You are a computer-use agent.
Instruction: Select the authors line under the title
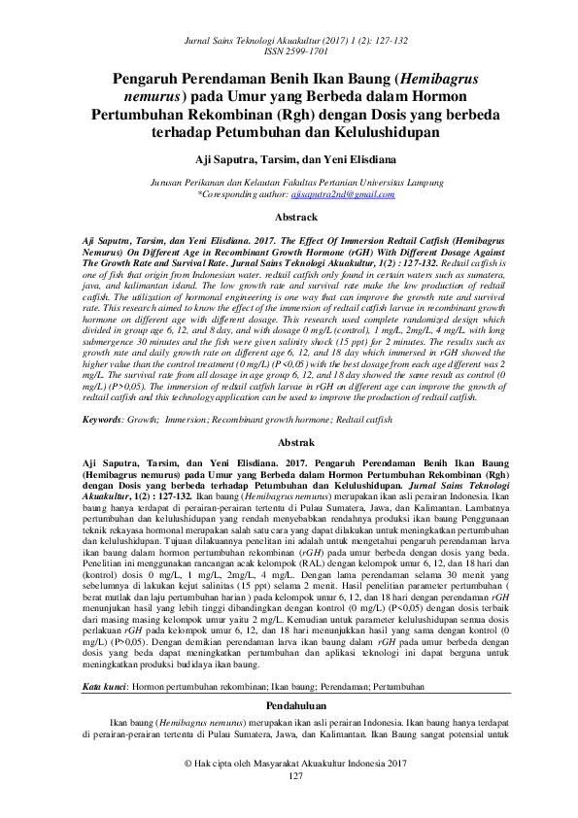tap(289, 158)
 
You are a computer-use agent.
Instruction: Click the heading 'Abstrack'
tap(289, 219)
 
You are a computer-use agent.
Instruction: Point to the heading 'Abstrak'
tap(289, 442)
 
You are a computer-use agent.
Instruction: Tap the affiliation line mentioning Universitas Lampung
tap(289, 183)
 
